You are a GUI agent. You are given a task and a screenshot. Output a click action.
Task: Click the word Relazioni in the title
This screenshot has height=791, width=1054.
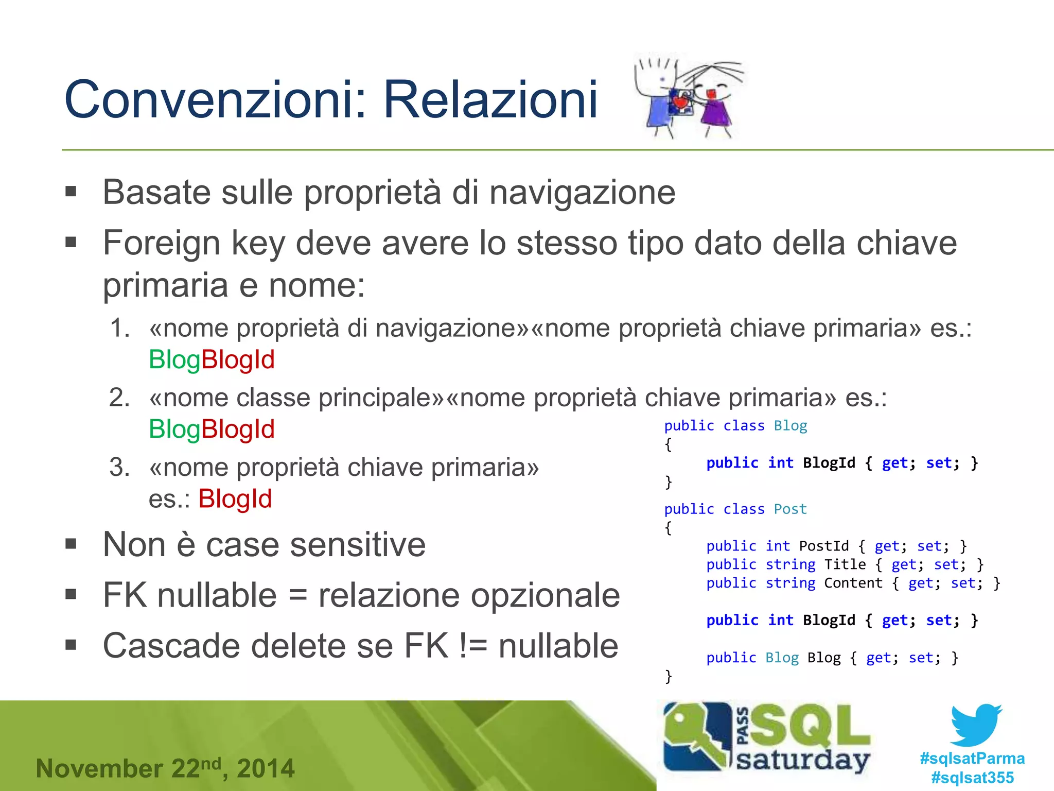tap(490, 99)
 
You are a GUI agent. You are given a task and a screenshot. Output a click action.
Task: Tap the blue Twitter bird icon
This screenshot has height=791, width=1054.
tap(975, 725)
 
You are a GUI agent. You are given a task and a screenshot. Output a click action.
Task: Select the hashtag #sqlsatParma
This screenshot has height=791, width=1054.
tap(972, 758)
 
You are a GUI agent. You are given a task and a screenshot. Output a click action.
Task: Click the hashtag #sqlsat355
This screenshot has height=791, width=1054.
tap(972, 777)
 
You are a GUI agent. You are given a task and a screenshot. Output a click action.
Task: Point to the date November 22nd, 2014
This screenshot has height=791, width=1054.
tap(165, 768)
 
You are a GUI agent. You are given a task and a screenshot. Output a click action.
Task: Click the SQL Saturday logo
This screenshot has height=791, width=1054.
tap(767, 738)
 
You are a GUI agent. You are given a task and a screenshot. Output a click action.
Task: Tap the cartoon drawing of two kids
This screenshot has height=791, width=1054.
tap(688, 96)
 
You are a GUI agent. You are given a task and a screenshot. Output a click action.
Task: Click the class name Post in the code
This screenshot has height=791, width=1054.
tap(790, 509)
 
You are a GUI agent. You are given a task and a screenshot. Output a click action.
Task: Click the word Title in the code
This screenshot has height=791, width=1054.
tap(845, 564)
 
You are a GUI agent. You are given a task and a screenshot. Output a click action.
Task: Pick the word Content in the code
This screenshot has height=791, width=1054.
tap(853, 583)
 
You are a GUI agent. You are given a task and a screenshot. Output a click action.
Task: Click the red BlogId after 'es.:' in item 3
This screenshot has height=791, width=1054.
tap(235, 498)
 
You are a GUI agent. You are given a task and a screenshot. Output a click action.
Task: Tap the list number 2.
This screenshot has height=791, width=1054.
tap(119, 398)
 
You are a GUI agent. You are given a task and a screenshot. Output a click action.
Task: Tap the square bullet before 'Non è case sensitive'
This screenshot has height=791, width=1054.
tap(71, 543)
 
